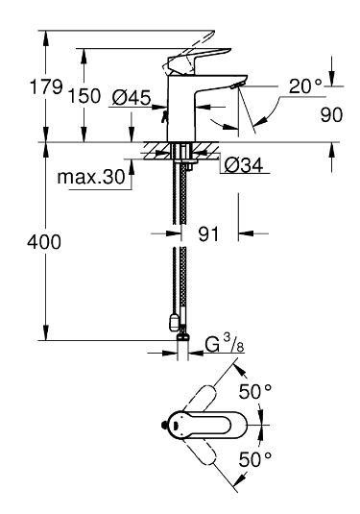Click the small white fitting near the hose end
pos(172,323)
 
